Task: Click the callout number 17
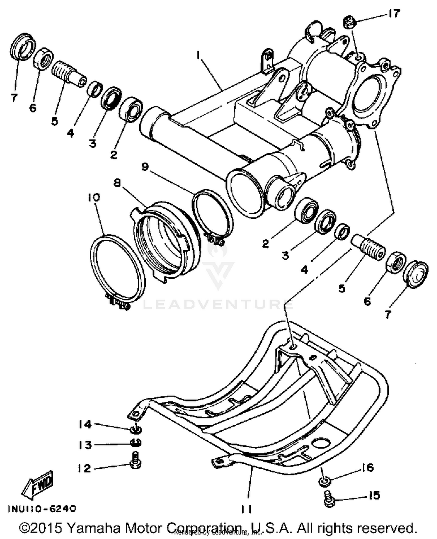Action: click(x=394, y=14)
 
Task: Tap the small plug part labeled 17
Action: click(x=349, y=22)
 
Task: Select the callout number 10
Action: click(x=94, y=198)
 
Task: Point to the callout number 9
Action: click(x=145, y=167)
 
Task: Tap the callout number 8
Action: click(x=117, y=183)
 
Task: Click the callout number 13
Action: click(x=85, y=445)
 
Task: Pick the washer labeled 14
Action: click(x=135, y=428)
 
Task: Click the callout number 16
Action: click(x=368, y=468)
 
